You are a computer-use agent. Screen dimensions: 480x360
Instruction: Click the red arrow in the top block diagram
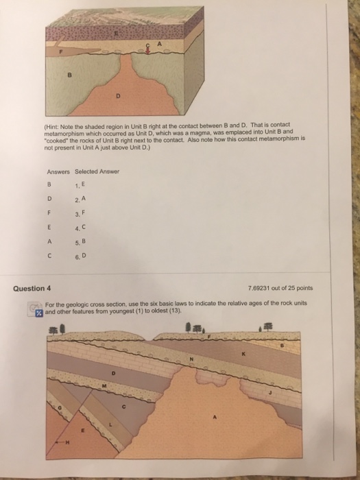coord(149,47)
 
